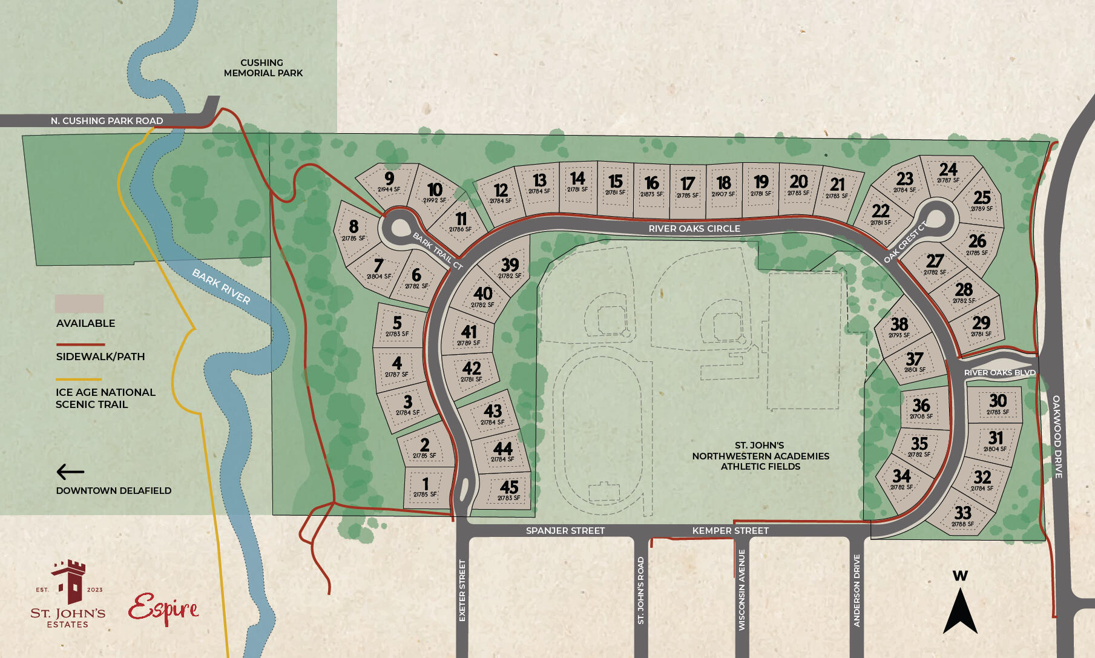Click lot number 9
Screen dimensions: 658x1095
pyautogui.click(x=389, y=180)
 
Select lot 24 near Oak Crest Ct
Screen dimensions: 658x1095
pyautogui.click(x=948, y=171)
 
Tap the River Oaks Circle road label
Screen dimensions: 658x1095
pyautogui.click(x=694, y=229)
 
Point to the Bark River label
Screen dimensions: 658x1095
pyautogui.click(x=221, y=286)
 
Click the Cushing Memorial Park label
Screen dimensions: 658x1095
pyautogui.click(x=263, y=68)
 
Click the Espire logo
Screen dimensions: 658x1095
pyautogui.click(x=163, y=609)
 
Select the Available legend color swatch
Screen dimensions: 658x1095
pyautogui.click(x=79, y=304)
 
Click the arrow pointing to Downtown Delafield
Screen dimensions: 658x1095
pyautogui.click(x=70, y=472)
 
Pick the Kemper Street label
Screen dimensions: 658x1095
pyautogui.click(x=730, y=531)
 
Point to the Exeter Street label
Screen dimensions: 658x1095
pyautogui.click(x=462, y=590)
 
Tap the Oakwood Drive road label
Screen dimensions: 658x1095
pyautogui.click(x=1057, y=436)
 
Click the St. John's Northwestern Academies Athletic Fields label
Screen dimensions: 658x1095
pyautogui.click(x=760, y=456)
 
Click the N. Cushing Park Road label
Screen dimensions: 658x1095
pyautogui.click(x=107, y=121)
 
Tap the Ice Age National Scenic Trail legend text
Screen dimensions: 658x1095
pyautogui.click(x=105, y=398)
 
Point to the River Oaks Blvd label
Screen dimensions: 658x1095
pyautogui.click(x=999, y=373)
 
